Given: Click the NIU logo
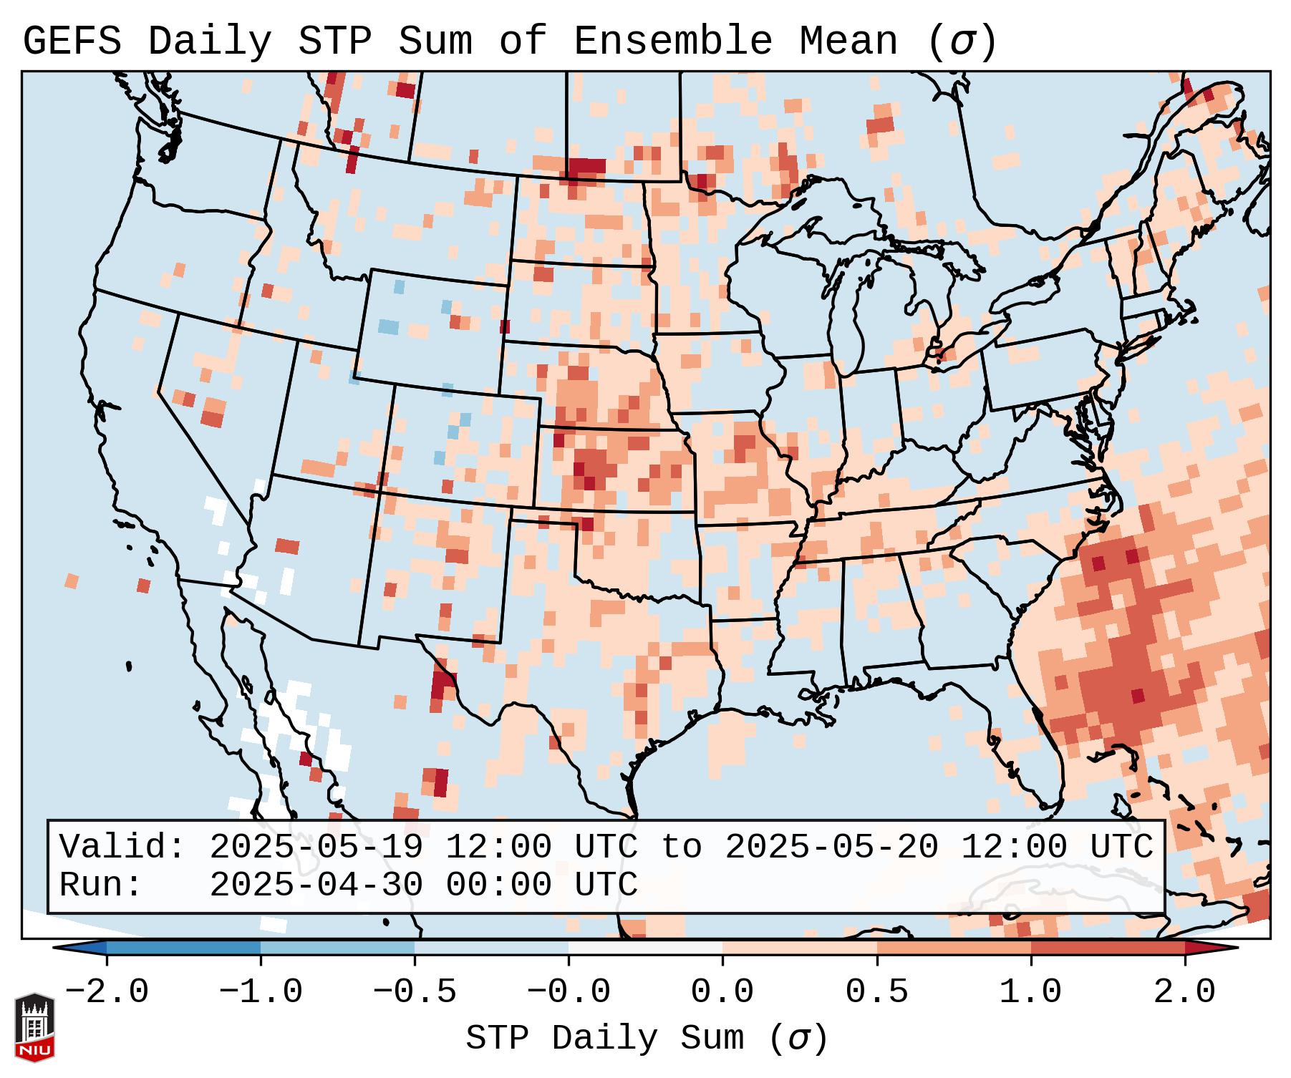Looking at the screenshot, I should [x=34, y=1027].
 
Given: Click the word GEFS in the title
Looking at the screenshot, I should [x=72, y=42].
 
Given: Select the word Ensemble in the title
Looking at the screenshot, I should [x=673, y=42].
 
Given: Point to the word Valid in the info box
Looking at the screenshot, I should [x=122, y=847].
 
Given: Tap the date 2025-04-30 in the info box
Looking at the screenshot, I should [x=316, y=885].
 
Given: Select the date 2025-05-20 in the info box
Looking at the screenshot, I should [x=831, y=847].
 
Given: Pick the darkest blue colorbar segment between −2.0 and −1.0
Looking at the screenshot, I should [x=183, y=948].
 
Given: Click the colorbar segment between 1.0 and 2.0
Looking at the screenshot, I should [x=1108, y=948].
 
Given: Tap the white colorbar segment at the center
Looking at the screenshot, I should [x=645, y=948].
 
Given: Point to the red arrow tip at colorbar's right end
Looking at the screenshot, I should [x=1228, y=948].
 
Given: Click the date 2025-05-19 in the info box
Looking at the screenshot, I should [x=316, y=847].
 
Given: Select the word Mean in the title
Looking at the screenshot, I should [x=848, y=42].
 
